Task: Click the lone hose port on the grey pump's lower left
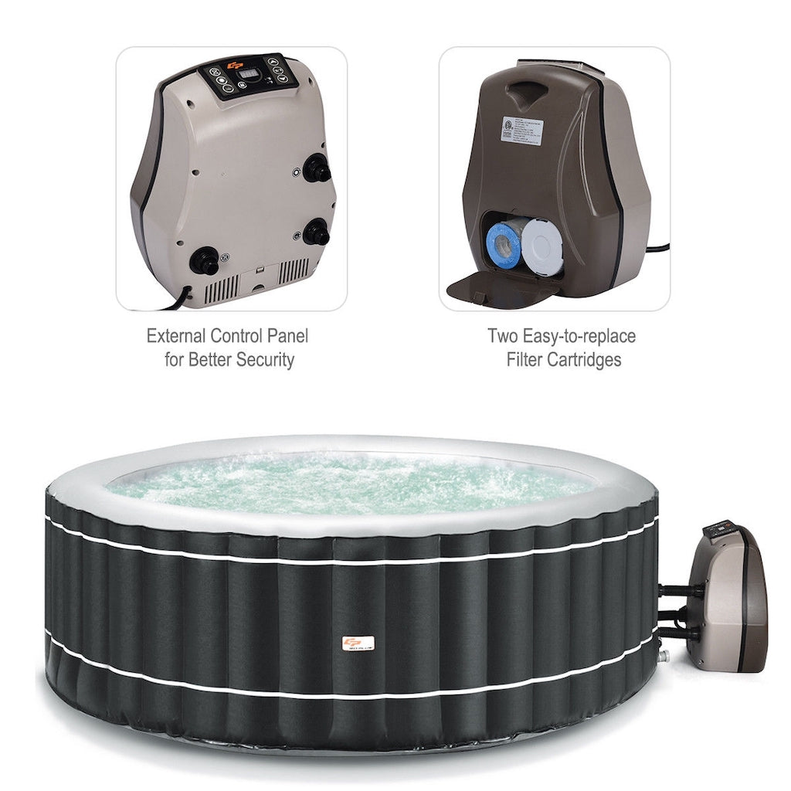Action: coord(204,260)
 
